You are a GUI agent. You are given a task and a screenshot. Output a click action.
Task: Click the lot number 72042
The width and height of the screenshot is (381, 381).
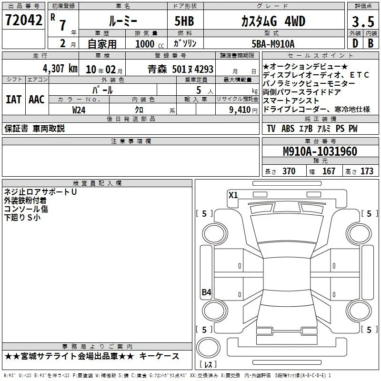click(23, 20)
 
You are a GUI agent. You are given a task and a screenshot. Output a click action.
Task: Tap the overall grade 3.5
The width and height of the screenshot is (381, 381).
click(363, 22)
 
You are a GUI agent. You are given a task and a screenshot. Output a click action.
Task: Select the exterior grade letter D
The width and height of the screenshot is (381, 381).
click(355, 43)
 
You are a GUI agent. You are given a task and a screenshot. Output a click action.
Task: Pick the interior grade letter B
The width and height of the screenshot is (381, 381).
click(371, 43)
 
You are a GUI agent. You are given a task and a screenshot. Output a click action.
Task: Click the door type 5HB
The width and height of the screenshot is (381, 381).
click(184, 21)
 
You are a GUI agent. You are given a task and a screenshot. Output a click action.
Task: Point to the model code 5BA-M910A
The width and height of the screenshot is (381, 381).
click(273, 44)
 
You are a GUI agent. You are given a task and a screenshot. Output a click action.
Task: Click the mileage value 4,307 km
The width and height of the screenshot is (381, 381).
click(60, 69)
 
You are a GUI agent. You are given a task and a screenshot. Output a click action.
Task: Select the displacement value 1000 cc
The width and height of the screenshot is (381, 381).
click(150, 44)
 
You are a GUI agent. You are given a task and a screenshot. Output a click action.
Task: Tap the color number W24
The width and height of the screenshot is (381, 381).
click(79, 110)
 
